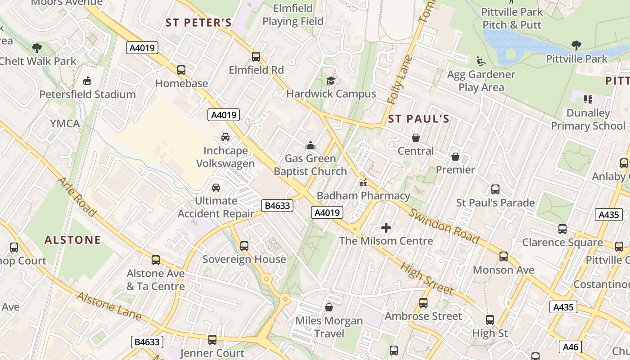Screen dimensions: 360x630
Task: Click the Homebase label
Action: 181,83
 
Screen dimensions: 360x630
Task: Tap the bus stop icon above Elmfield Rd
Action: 256,57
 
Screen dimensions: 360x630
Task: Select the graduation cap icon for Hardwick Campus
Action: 331,81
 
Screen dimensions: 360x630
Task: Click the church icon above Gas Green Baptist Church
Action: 310,145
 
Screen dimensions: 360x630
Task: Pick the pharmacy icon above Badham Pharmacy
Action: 363,183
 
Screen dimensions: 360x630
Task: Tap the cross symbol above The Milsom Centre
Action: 386,228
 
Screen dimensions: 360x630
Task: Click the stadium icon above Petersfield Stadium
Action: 87,81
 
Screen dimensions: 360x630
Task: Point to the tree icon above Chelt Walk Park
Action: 37,48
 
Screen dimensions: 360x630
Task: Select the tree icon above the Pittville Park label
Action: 576,45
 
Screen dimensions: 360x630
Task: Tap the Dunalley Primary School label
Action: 588,119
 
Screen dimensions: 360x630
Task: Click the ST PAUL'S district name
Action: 418,119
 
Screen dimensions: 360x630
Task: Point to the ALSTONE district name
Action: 72,240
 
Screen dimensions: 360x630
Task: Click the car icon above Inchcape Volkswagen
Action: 225,137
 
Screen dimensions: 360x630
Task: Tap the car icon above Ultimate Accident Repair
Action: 216,188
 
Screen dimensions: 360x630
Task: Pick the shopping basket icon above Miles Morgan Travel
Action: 328,307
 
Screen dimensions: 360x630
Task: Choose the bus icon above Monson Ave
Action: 503,256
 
